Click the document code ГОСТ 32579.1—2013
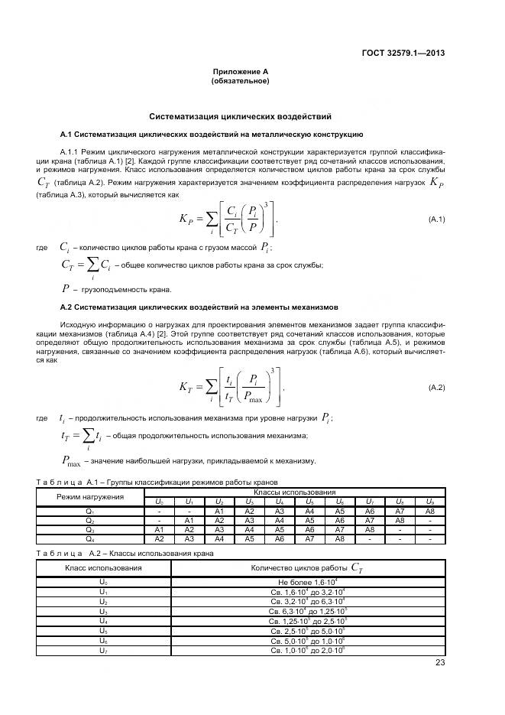[403, 53]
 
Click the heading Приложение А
[240, 72]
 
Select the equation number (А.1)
[436, 220]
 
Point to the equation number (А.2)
[436, 388]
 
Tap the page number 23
[439, 663]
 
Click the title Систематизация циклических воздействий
[240, 117]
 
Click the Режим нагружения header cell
[90, 497]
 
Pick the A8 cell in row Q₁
[429, 511]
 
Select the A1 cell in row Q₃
[159, 529]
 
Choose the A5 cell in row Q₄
[249, 538]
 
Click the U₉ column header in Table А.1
[429, 502]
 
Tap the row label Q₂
[90, 520]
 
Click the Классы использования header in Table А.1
[294, 492]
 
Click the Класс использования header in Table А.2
[103, 567]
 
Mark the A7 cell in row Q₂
[369, 520]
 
